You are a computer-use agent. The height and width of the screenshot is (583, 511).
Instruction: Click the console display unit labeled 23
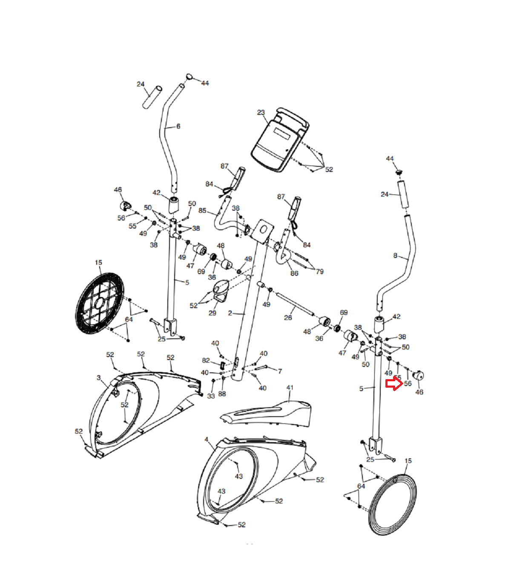tap(279, 140)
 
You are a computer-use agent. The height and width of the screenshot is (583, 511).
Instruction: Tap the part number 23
tap(261, 113)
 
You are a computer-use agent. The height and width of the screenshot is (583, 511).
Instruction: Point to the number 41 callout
tap(290, 388)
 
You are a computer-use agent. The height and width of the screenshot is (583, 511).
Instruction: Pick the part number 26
tap(288, 317)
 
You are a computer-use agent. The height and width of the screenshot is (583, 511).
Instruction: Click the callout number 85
tap(202, 211)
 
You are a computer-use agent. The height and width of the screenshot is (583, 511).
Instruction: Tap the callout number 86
tap(294, 273)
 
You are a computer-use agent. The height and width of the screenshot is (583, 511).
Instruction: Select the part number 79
tap(319, 271)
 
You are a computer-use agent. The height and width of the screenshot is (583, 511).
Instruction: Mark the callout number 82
tap(206, 360)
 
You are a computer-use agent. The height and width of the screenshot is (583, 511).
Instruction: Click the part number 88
tap(222, 394)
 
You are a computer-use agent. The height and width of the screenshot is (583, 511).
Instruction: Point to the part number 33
tap(211, 396)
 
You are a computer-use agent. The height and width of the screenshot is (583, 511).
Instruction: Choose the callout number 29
tap(212, 313)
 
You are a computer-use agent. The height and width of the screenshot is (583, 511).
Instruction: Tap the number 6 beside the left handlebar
tap(178, 126)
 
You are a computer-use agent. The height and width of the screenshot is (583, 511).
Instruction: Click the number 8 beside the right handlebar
tap(395, 255)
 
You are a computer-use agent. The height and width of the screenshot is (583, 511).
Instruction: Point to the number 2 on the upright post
tap(230, 313)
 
